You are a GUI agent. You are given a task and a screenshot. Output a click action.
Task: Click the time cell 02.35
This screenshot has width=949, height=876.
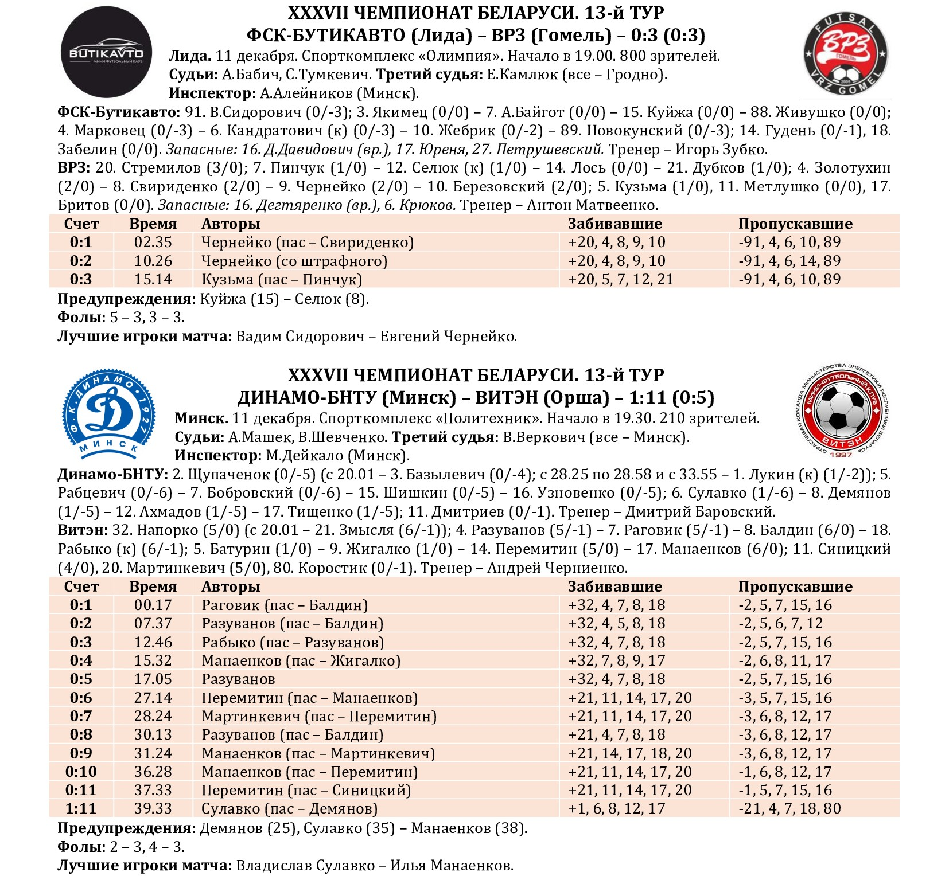153,243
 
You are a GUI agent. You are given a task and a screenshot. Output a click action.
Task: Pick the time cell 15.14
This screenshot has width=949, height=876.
153,280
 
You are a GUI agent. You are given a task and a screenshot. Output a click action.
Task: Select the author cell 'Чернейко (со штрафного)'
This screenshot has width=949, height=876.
294,261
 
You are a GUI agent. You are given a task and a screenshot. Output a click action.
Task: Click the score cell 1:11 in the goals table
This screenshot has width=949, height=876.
81,809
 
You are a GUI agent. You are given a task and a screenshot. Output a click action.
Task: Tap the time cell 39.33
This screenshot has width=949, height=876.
153,809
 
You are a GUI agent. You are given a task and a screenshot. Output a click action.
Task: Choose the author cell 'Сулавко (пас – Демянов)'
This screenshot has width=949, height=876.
289,809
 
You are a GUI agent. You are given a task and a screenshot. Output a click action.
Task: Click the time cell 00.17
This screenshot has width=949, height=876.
153,605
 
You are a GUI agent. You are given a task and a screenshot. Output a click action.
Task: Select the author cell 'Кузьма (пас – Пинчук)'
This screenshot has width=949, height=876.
281,280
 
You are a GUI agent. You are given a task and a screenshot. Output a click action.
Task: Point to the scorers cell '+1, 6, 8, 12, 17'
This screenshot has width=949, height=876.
616,809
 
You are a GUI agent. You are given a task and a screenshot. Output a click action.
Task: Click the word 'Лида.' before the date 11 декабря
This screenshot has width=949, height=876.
190,56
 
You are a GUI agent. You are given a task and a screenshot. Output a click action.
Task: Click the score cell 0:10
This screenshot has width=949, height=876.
81,772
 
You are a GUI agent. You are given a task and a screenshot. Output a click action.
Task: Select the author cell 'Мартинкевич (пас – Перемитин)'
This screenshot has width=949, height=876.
318,717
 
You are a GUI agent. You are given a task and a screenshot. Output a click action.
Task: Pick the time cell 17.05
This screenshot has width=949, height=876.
153,679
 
